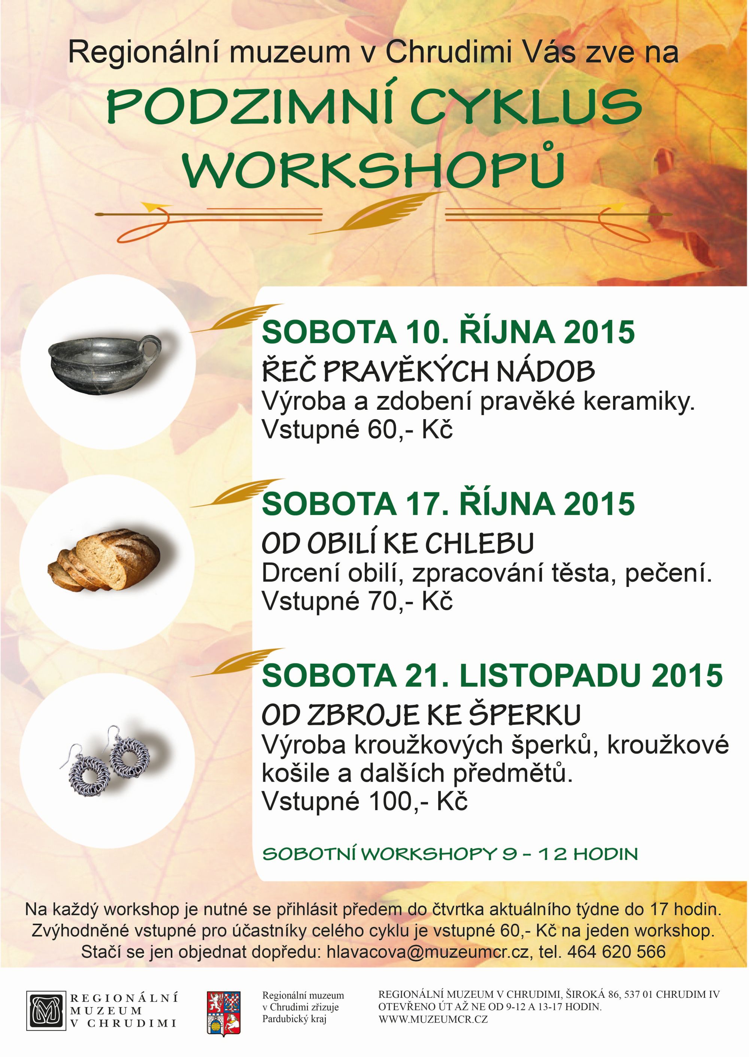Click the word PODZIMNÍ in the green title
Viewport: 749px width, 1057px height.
(x=251, y=106)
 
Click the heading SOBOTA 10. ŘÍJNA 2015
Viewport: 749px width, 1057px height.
(x=448, y=331)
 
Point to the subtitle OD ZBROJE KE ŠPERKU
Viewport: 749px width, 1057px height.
(x=421, y=715)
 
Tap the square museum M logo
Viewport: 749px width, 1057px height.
(x=46, y=1017)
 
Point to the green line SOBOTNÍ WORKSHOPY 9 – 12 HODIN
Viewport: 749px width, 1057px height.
(x=450, y=854)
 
